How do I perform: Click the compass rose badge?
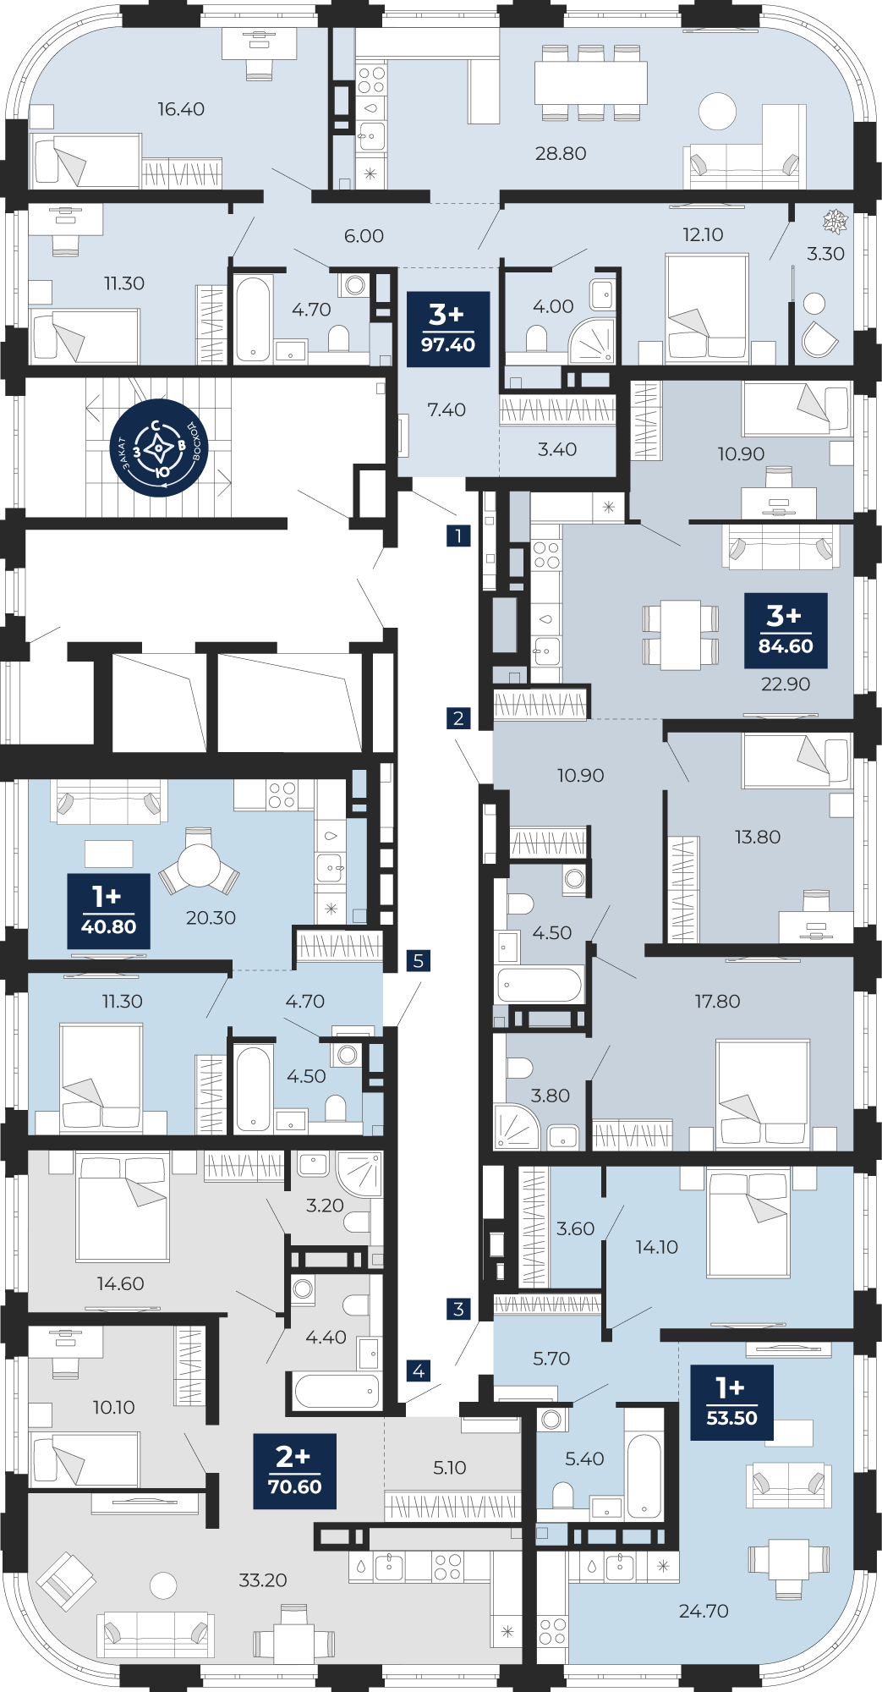(x=159, y=448)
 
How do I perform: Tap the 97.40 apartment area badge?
(x=448, y=329)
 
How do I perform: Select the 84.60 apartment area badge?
(x=786, y=630)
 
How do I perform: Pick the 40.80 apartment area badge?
(x=108, y=911)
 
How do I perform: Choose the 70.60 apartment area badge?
(x=294, y=1471)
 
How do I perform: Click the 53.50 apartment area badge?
(x=731, y=1403)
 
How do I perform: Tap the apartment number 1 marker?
(x=458, y=535)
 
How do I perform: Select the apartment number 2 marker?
(x=458, y=718)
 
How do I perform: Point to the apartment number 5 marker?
(x=418, y=960)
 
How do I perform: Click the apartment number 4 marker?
(x=418, y=1370)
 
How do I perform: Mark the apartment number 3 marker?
(x=458, y=1309)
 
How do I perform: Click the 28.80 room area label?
(x=561, y=153)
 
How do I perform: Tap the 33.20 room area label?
(x=263, y=1579)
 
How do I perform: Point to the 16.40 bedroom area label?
(x=181, y=109)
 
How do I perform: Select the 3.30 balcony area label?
(x=825, y=253)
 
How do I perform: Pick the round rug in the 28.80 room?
(x=717, y=112)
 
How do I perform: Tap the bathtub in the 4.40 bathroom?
(x=337, y=1389)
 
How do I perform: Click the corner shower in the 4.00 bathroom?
(x=594, y=342)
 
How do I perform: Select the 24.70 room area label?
(x=704, y=1611)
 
